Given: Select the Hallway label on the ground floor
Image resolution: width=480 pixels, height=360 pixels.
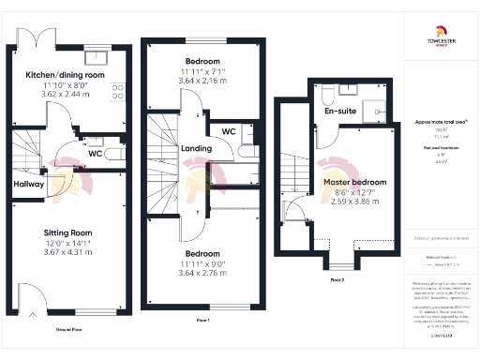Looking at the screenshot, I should point(28,185).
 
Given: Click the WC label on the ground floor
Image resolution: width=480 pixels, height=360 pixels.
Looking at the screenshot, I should point(95,152).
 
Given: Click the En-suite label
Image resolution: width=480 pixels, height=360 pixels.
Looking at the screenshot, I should point(339,112).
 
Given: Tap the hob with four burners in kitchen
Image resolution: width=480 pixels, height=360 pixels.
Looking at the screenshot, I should point(118,91).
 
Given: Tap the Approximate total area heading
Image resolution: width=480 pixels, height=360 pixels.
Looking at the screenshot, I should point(441,122).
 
